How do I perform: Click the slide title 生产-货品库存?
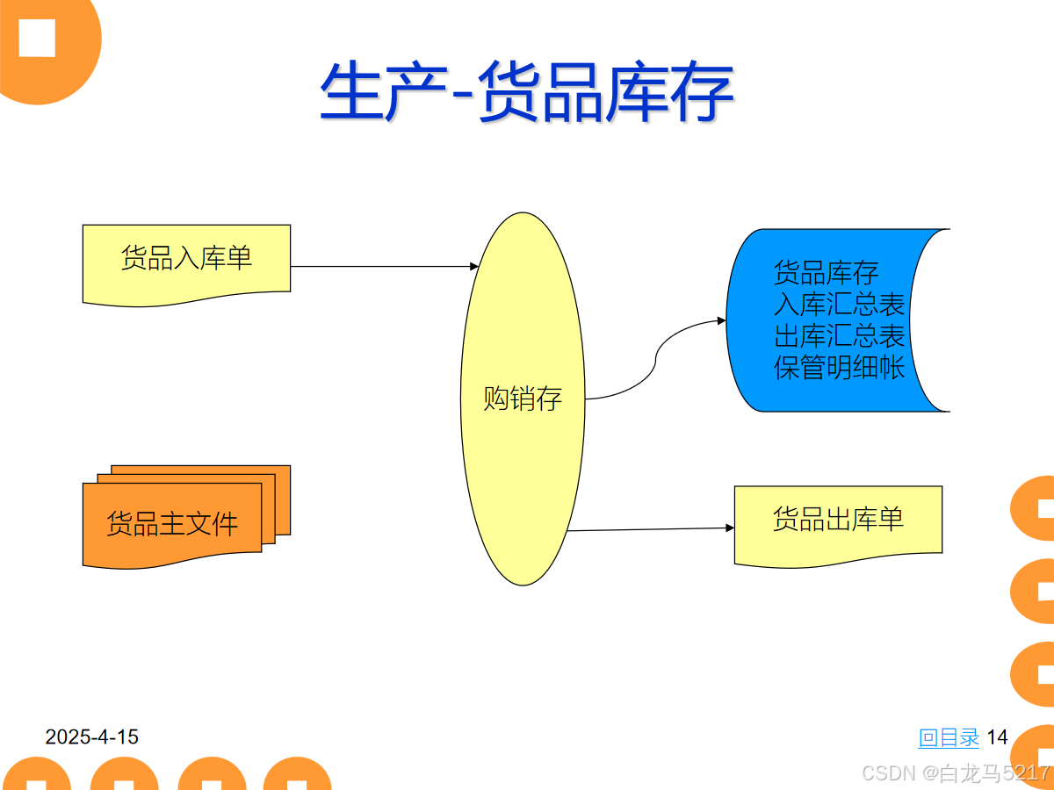[526, 91]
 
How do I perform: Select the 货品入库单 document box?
[186, 262]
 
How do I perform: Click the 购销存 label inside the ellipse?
[523, 399]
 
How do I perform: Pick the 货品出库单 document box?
[838, 521]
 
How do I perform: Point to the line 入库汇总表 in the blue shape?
[839, 305]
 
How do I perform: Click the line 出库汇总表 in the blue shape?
[839, 335]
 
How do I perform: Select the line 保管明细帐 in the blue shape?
[839, 367]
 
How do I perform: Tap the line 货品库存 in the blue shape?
[826, 273]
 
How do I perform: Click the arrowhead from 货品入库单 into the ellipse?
[474, 266]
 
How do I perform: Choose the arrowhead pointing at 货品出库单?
[729, 528]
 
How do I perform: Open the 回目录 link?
[949, 737]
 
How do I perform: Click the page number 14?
[997, 737]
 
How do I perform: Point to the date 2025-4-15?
[92, 737]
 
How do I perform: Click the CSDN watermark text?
[956, 772]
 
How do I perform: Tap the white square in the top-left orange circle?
[37, 38]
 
